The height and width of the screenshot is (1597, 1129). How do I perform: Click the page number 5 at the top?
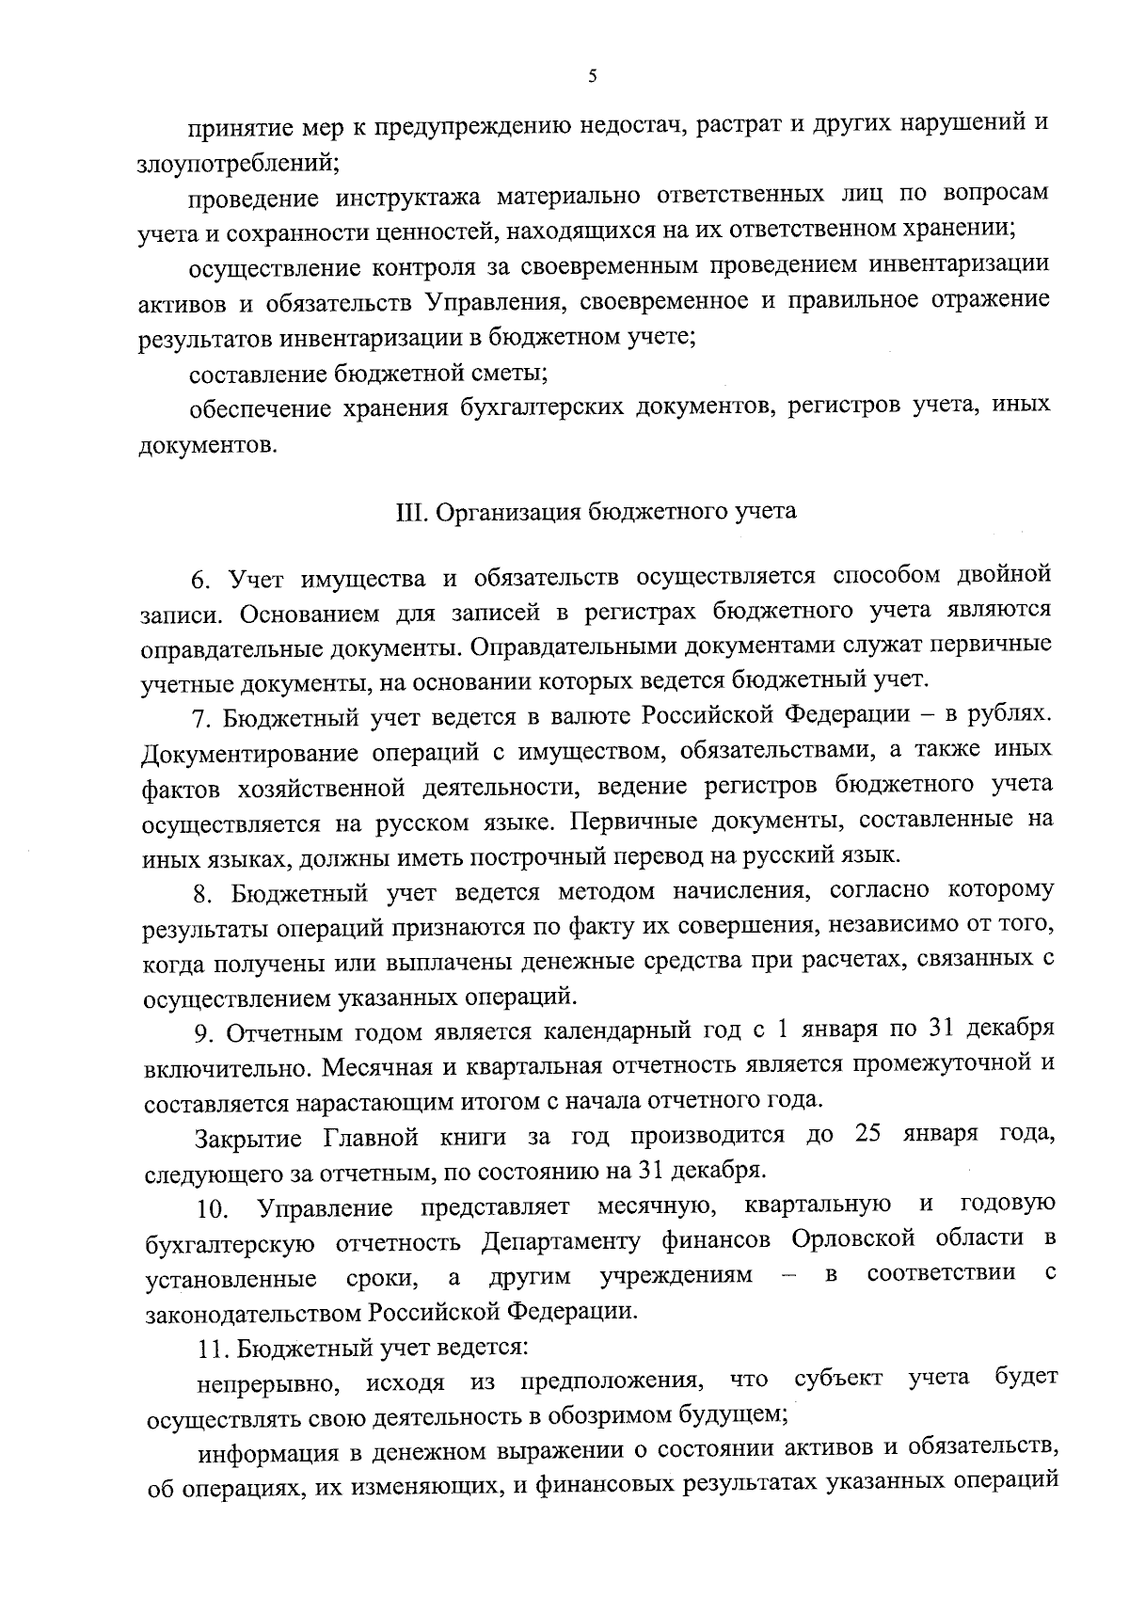pyautogui.click(x=592, y=78)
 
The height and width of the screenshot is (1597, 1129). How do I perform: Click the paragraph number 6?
pyautogui.click(x=199, y=578)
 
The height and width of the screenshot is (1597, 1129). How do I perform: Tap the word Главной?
pyautogui.click(x=371, y=1138)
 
